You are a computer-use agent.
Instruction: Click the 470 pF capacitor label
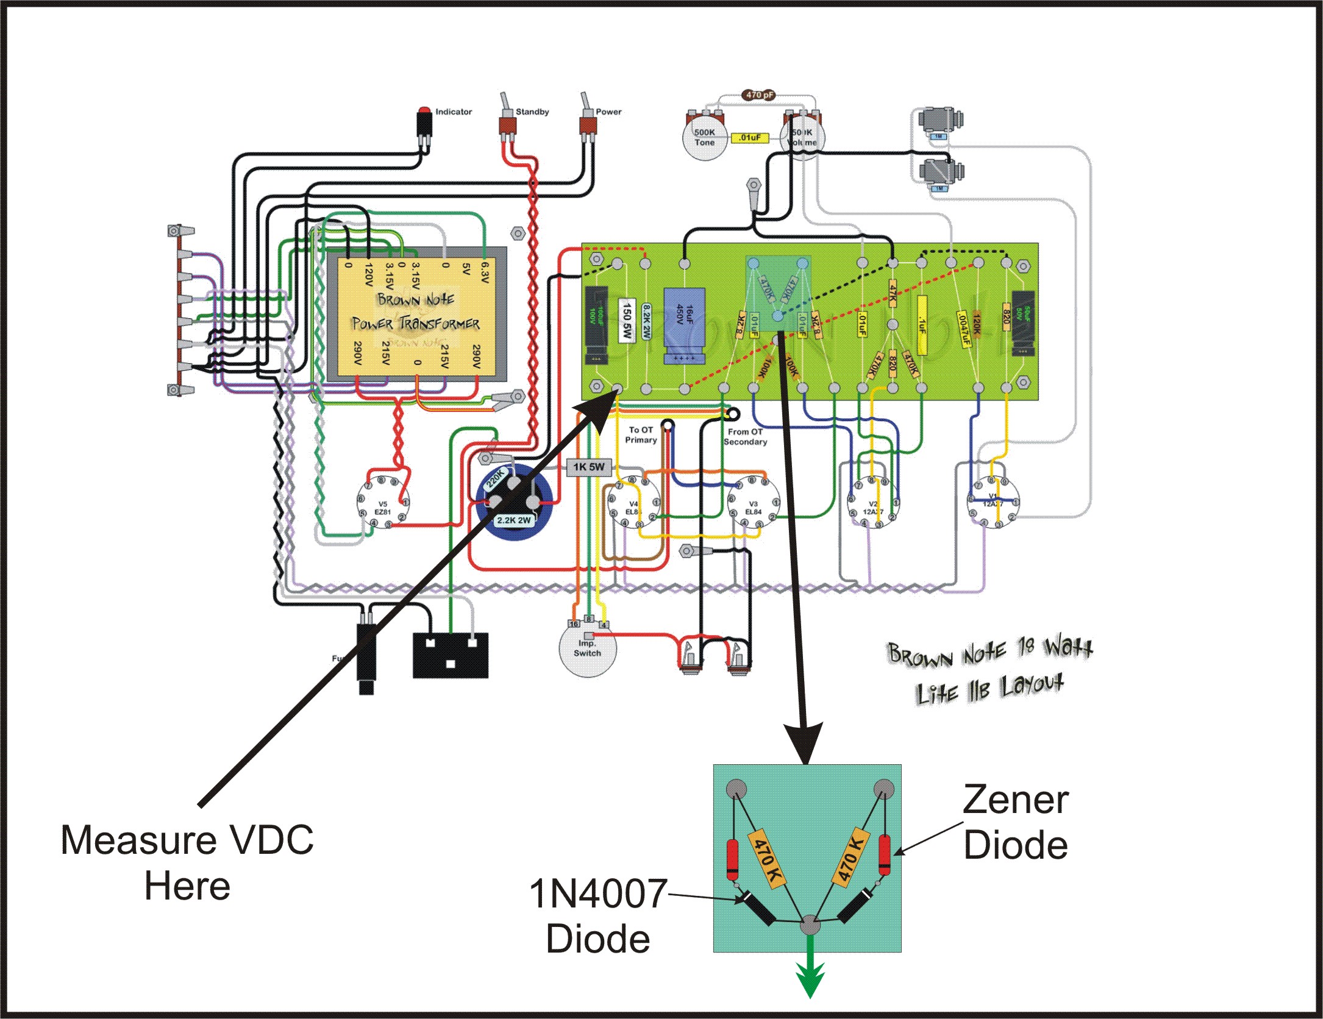(758, 95)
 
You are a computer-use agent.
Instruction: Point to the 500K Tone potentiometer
(705, 138)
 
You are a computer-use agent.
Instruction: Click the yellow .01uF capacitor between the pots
(749, 138)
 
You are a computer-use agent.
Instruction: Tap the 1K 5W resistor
(588, 467)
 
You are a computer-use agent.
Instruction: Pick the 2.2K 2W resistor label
(514, 520)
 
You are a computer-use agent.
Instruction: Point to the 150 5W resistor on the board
(627, 321)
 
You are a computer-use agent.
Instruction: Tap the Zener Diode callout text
(1015, 823)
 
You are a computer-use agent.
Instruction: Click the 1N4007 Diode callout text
(598, 916)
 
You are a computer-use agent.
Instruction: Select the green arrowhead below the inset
(810, 980)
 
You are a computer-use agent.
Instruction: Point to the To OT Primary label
(640, 435)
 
